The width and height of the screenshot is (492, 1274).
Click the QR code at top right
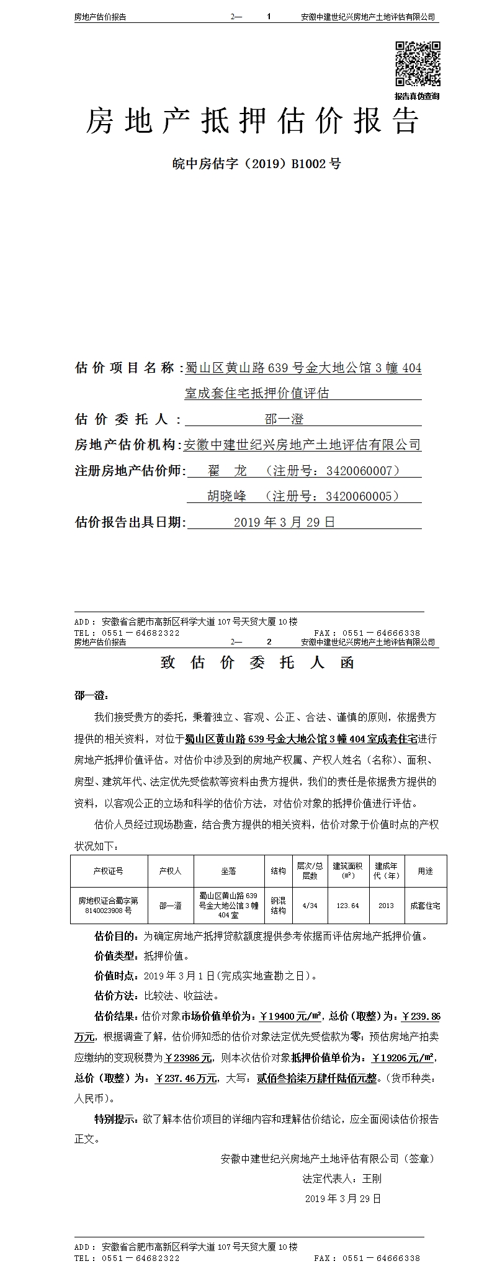[x=418, y=63]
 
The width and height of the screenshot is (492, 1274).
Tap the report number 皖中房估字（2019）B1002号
[x=256, y=164]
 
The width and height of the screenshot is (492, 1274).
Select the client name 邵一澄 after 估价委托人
[x=284, y=419]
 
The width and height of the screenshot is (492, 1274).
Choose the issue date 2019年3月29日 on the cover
[x=284, y=522]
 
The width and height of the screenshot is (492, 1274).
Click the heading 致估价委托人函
[x=257, y=662]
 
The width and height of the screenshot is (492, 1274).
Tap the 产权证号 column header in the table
[x=108, y=871]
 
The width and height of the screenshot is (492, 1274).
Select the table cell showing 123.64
[x=347, y=906]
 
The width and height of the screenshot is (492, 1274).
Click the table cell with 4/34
[x=310, y=906]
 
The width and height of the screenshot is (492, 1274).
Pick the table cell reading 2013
[x=386, y=906]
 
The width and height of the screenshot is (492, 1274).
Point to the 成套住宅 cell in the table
[x=425, y=906]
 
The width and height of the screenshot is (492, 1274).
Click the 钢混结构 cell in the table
[x=278, y=906]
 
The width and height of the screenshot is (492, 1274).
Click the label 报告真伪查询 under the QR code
[x=417, y=96]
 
